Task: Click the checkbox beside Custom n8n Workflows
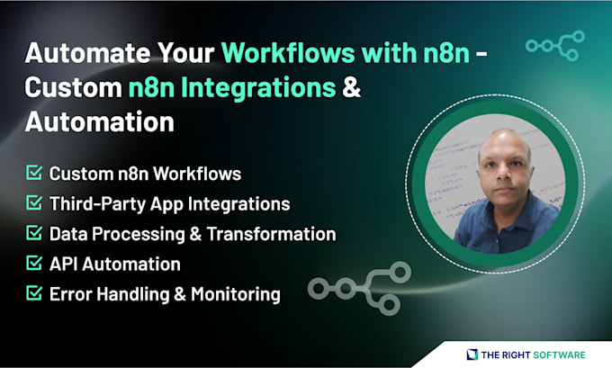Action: tap(34, 173)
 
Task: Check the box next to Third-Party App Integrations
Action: tap(34, 203)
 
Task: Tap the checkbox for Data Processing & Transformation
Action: tap(34, 234)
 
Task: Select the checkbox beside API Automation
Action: tap(34, 264)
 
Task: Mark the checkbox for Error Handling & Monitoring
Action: tap(34, 294)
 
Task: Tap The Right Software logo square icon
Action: tap(471, 354)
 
